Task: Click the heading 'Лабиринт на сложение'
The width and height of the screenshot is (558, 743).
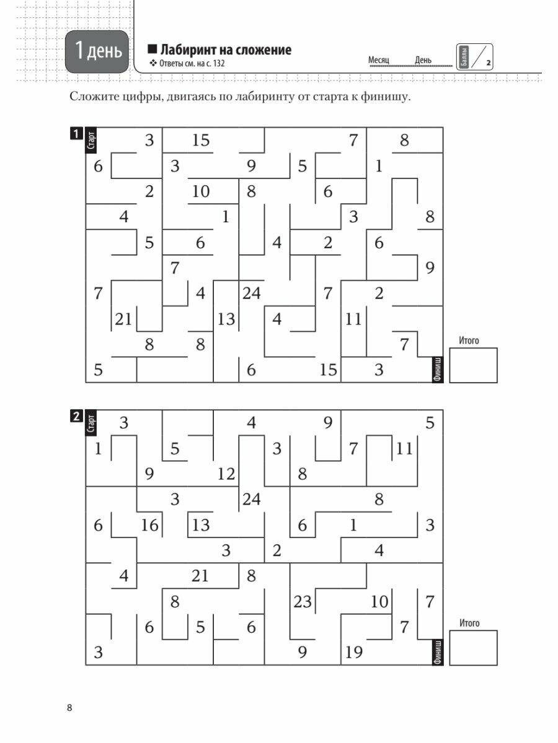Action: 225,50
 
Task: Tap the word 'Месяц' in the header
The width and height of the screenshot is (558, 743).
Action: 378,60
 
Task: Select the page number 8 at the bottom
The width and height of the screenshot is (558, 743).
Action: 70,708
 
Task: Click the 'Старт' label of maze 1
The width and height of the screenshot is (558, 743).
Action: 92,140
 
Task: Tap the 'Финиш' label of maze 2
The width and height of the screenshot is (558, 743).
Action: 438,651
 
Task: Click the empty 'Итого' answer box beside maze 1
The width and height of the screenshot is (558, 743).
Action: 473,365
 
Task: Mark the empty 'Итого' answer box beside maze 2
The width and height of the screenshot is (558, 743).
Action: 473,648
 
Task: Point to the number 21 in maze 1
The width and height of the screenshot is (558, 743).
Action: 124,319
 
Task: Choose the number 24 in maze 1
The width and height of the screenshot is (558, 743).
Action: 251,293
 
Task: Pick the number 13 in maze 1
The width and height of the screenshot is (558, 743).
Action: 226,319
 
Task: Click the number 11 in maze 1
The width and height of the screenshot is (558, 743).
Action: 353,319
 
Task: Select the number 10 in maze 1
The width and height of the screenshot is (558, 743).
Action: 200,192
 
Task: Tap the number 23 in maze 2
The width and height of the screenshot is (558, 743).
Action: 302,602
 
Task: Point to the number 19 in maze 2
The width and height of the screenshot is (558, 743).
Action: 353,653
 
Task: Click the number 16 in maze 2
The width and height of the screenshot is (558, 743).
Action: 149,526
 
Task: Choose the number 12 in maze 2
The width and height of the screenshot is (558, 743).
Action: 226,475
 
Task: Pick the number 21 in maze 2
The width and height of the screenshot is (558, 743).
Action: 200,576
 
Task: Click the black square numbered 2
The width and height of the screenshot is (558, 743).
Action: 76,417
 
